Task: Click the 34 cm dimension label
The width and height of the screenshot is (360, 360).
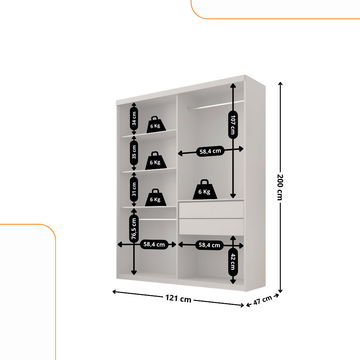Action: tap(134, 119)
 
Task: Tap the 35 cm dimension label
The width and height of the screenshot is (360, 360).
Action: tap(134, 152)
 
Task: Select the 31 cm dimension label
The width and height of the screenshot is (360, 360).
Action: tap(134, 189)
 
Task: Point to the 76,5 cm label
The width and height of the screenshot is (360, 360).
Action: tap(134, 229)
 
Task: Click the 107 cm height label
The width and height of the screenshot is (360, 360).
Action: tap(233, 125)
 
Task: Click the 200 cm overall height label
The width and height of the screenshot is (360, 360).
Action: tap(280, 187)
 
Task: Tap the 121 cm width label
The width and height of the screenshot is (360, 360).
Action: tap(179, 298)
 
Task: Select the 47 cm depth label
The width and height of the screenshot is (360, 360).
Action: tap(263, 300)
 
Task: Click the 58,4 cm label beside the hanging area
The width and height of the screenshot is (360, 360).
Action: tap(210, 151)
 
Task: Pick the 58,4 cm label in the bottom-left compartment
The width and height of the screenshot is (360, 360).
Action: tap(154, 244)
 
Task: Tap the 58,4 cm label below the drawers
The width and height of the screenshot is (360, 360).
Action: tap(210, 245)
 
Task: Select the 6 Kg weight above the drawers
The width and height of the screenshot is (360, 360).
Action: tap(204, 189)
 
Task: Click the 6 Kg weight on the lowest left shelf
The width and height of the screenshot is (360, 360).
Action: tap(155, 198)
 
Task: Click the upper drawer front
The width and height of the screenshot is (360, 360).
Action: tap(211, 210)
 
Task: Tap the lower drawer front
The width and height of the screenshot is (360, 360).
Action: tap(211, 227)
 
